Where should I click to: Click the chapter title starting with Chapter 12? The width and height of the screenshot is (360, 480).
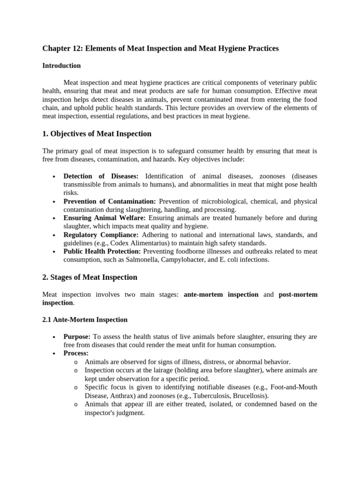point(160,49)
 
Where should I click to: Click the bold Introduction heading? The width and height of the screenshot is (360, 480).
point(61,66)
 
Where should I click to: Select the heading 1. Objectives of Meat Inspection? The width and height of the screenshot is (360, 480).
point(97,134)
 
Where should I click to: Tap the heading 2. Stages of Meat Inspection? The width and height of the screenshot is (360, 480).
point(90,277)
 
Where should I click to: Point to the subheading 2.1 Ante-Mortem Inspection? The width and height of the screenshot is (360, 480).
point(85,320)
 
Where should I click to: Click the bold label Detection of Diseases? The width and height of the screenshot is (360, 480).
point(101,176)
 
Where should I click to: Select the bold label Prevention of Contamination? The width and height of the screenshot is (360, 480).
point(110,202)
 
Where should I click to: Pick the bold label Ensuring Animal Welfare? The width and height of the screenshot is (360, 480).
point(105,218)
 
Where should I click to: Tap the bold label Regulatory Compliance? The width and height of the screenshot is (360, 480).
point(101,235)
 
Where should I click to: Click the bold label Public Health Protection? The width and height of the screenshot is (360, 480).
point(102,252)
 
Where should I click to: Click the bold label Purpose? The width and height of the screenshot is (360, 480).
point(77,337)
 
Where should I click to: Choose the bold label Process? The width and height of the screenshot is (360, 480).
point(76,353)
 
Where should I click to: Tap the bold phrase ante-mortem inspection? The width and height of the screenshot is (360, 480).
point(221,294)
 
